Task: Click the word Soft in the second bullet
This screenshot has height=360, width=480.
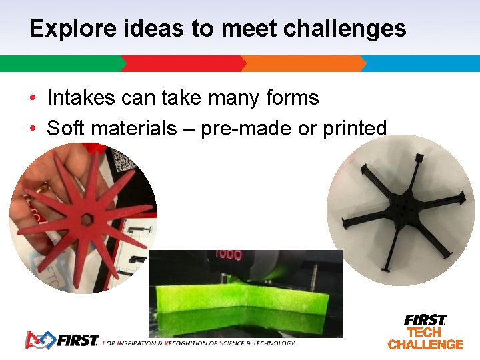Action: tap(65, 128)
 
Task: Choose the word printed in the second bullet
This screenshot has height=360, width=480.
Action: tap(354, 128)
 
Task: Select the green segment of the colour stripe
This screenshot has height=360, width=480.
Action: tap(60, 63)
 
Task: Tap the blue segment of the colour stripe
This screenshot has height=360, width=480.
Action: tap(420, 63)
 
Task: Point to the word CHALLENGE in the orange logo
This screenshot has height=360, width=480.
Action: tap(425, 345)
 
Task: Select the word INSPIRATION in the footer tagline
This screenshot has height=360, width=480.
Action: tap(139, 343)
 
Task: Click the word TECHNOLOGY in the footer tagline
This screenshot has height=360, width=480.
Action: tap(272, 343)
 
